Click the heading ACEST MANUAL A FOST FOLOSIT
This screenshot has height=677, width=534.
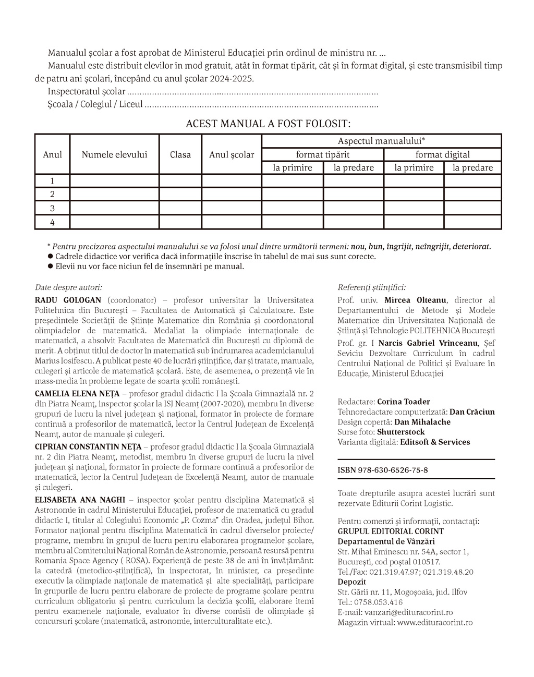tap(268, 124)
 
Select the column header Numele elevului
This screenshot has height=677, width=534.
tap(114, 154)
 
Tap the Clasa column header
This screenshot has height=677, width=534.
tap(180, 154)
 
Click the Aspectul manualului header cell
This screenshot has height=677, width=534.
tap(381, 141)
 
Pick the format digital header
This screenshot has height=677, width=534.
tap(442, 154)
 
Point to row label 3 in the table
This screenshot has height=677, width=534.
tap(52, 208)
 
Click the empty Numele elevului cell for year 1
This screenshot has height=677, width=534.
tap(114, 181)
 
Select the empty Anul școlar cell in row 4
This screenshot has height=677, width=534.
tap(232, 222)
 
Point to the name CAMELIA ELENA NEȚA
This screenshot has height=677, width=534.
tap(77, 393)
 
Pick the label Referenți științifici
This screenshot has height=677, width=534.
tap(371, 287)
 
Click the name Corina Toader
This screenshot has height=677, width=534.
tap(404, 402)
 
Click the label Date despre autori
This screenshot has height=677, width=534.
tap(68, 287)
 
